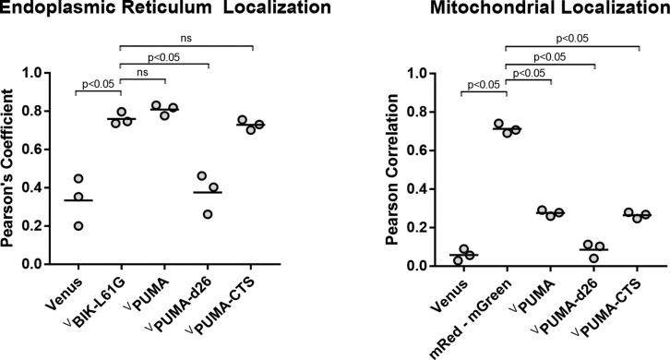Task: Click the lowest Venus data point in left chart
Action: coord(78,225)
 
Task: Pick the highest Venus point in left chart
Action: coord(78,178)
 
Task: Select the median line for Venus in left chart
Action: coord(78,200)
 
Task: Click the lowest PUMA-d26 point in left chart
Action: coord(208,213)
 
